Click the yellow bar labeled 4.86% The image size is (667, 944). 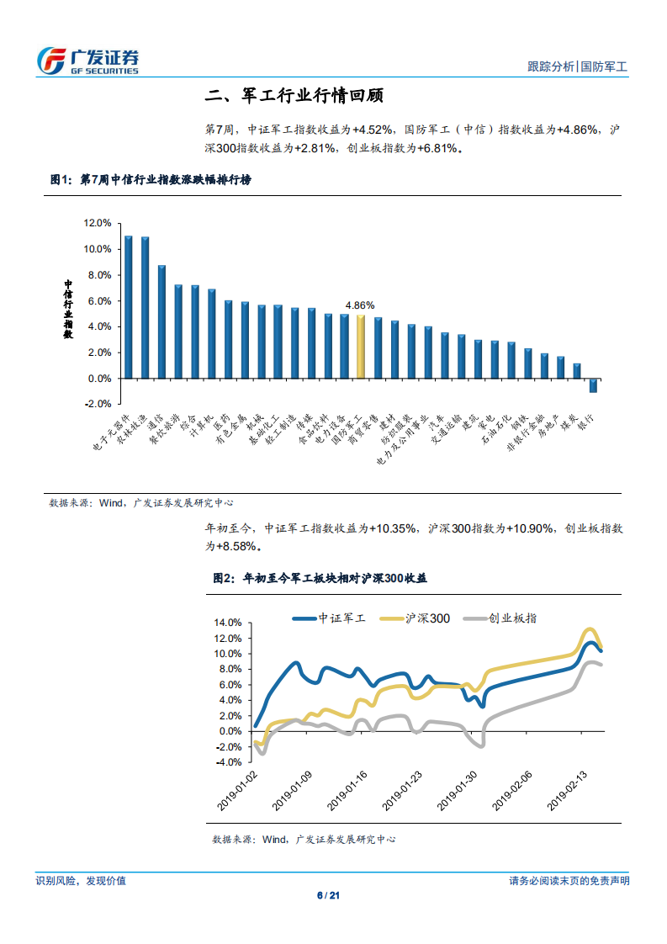361,347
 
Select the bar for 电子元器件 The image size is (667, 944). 129,307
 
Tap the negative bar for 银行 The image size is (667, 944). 593,385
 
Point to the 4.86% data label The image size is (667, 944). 361,305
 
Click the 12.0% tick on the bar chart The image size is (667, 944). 98,224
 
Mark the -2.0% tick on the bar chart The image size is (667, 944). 98,404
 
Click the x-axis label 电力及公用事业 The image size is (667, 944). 407,438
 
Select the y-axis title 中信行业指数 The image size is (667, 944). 69,310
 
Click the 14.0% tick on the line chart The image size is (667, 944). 228,623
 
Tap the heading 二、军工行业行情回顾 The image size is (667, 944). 294,96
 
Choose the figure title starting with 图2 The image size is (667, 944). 320,578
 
